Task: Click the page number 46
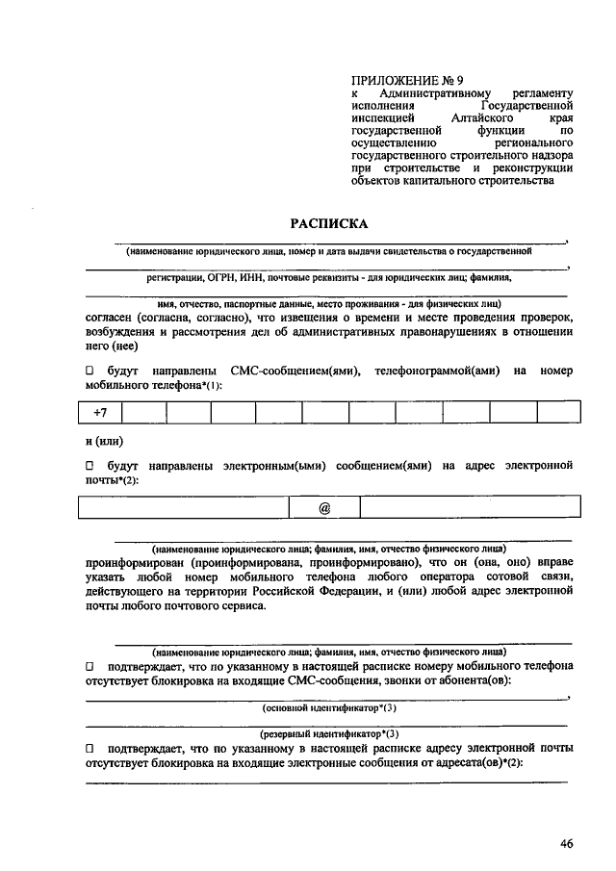coord(566,844)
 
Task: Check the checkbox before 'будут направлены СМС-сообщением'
coord(90,371)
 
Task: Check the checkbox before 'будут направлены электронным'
coord(90,466)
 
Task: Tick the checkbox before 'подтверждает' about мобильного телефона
coord(90,666)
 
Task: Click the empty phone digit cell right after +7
coord(143,412)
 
